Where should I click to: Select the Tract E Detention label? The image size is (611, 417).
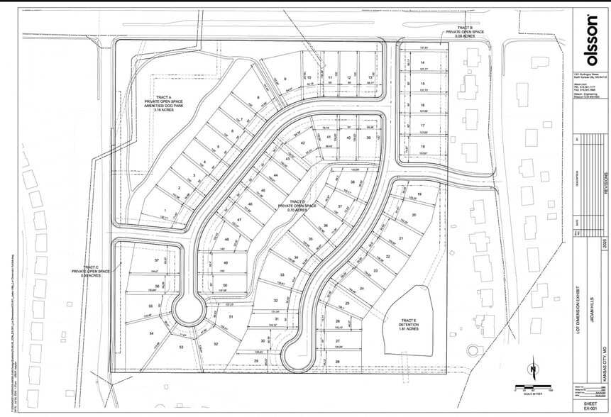pyautogui.click(x=407, y=324)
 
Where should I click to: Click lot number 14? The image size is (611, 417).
pyautogui.click(x=422, y=62)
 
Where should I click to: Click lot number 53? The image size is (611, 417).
pyautogui.click(x=181, y=347)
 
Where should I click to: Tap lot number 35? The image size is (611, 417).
pyautogui.click(x=309, y=240)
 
